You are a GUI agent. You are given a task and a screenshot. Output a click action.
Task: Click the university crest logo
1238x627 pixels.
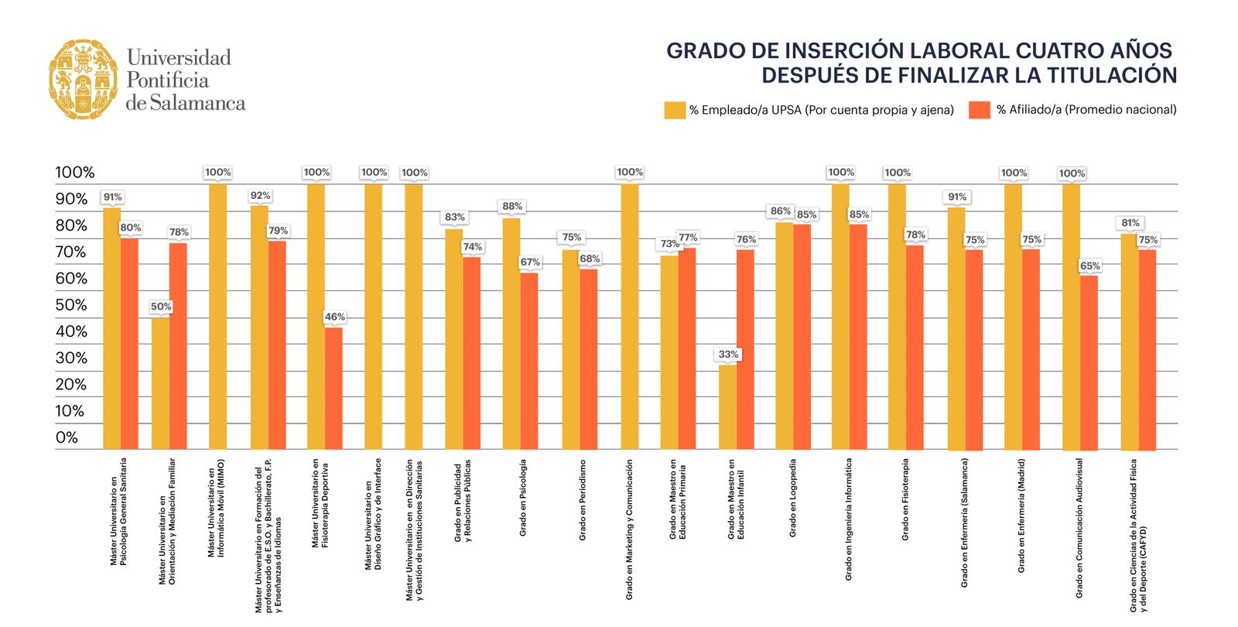pyautogui.click(x=83, y=80)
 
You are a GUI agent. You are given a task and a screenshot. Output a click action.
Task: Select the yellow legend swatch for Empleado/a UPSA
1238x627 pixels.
pyautogui.click(x=674, y=110)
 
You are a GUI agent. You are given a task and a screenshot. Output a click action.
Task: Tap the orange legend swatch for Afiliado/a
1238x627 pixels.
pyautogui.click(x=979, y=110)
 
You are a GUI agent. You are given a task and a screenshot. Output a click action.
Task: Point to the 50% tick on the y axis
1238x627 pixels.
pyautogui.click(x=71, y=305)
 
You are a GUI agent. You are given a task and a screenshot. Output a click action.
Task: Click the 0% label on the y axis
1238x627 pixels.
pyautogui.click(x=67, y=437)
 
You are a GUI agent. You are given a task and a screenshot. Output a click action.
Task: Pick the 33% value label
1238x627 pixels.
pyautogui.click(x=728, y=355)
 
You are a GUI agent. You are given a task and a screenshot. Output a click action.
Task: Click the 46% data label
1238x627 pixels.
pyautogui.click(x=334, y=317)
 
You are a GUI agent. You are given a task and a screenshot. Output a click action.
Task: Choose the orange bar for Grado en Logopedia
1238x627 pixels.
pyautogui.click(x=802, y=336)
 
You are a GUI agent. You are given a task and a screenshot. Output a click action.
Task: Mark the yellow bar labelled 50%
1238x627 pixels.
pyautogui.click(x=160, y=382)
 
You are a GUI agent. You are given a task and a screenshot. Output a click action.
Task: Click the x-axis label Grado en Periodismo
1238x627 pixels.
pyautogui.click(x=583, y=500)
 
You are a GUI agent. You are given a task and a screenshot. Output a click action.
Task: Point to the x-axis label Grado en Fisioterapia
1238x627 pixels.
pyautogui.click(x=905, y=499)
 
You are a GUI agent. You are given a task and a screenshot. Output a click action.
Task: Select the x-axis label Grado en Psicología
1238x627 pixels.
pyautogui.click(x=523, y=498)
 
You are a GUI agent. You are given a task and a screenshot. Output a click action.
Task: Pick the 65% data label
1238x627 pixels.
pyautogui.click(x=1089, y=266)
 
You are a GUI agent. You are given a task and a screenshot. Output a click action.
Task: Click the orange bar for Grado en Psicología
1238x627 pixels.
pyautogui.click(x=529, y=361)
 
